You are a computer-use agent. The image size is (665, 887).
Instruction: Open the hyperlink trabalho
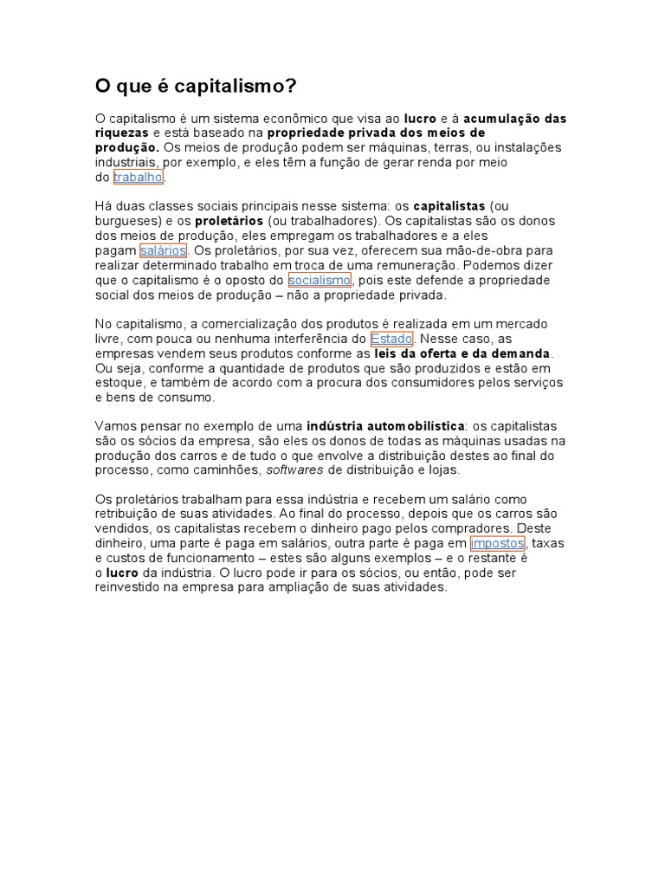[139, 178]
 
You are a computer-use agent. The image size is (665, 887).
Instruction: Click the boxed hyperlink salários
[163, 250]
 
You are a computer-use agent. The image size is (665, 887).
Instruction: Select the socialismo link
[320, 281]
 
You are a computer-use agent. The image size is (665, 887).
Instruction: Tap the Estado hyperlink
[391, 339]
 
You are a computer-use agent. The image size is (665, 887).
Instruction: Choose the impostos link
[497, 543]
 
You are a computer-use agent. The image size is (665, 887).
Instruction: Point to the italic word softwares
[294, 470]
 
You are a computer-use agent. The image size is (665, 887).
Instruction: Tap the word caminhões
[231, 470]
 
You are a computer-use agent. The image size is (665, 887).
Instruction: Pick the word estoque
[116, 382]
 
